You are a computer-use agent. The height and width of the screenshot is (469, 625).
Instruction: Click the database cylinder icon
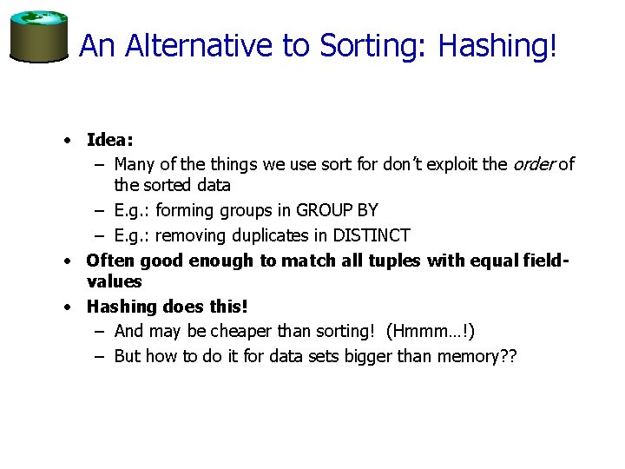pos(38,36)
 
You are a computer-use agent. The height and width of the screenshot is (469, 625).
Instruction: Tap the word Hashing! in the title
pos(497,46)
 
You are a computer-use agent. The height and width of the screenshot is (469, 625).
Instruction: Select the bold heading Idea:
pos(110,140)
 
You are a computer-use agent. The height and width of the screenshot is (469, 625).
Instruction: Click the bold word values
pos(114,281)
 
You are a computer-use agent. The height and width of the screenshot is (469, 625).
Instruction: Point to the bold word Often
pos(110,261)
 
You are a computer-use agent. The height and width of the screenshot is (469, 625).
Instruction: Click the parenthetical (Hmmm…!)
pos(431,331)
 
